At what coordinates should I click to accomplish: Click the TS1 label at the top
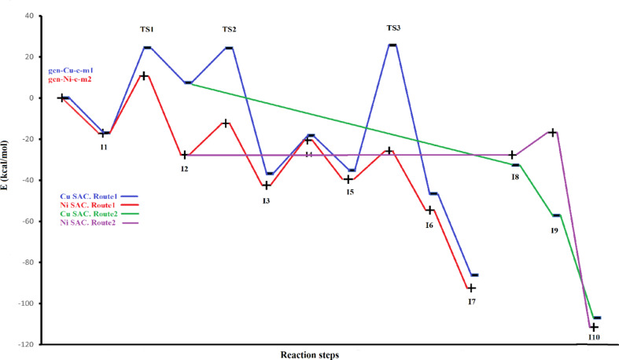146,30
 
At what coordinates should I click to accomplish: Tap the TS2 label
228,30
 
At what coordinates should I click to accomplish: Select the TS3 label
393,28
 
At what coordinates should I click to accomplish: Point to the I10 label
594,338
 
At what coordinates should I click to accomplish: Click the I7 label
471,302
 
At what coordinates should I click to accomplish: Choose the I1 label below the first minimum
104,146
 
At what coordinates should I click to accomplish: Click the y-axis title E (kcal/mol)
9,180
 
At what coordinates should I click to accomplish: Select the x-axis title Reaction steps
310,354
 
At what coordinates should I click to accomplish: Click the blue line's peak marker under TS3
392,45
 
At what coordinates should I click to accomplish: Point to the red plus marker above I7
471,288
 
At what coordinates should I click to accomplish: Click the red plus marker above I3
266,186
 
